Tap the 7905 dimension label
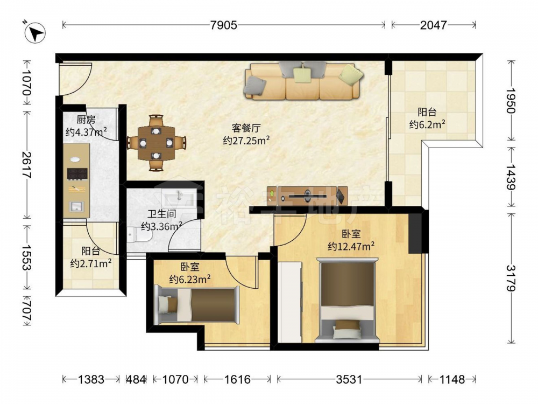pos(224,25)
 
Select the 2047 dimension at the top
pos(433,25)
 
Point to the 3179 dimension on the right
pos(511,278)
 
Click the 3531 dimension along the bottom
pos(349,379)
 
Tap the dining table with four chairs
pos(157,143)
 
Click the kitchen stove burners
pos(77,173)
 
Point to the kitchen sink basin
pos(76,206)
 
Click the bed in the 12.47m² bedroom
pos(347,300)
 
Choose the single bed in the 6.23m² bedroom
pos(196,305)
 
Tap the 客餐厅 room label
pos(246,128)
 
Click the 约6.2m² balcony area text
pos(427,124)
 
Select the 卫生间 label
pos(161,214)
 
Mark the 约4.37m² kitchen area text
pos(86,132)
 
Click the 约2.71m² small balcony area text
pos(91,264)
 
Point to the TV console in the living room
pos(307,196)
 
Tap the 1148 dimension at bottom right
pos(452,379)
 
